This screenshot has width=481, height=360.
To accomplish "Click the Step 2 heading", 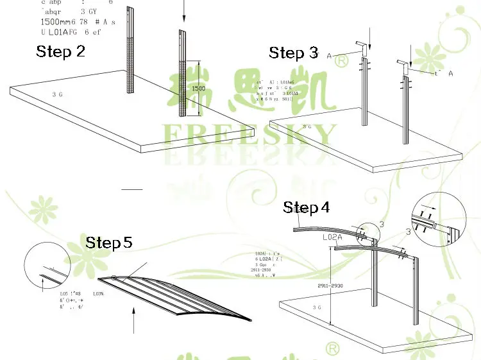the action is (x=60, y=51).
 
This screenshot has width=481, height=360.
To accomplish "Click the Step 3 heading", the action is (x=293, y=53).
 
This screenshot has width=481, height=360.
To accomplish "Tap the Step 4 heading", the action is (x=307, y=207).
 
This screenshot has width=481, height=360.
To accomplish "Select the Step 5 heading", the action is (x=109, y=243).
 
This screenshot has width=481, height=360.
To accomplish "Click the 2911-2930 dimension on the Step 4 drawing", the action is (x=329, y=286).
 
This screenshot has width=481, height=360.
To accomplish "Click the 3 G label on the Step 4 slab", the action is (x=317, y=307).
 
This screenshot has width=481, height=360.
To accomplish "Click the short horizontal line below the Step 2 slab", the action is (x=132, y=189).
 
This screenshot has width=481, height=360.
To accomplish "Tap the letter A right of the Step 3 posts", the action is (x=451, y=74).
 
